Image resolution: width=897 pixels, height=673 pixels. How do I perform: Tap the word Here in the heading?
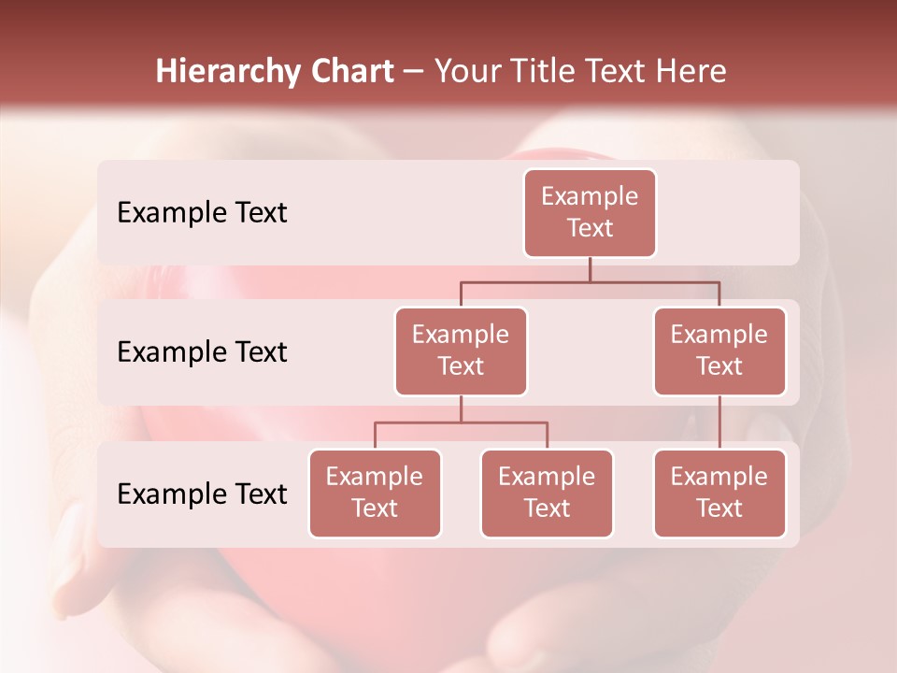691,72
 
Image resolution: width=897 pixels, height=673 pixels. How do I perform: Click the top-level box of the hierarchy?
590,213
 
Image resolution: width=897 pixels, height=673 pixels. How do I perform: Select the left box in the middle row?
461,351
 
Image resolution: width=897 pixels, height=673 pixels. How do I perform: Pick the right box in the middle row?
719,351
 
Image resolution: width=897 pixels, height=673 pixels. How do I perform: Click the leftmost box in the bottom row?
375,494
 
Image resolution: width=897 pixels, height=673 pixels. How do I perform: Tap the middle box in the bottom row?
547,494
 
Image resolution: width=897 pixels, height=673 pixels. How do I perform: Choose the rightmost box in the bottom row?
719,494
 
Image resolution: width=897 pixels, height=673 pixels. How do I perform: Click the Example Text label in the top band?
202,213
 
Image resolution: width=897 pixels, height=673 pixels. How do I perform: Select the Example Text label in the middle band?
202,352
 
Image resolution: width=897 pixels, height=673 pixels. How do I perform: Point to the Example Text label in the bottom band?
202,494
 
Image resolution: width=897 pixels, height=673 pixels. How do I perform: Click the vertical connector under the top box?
590,269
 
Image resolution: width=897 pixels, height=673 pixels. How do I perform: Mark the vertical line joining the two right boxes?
719,422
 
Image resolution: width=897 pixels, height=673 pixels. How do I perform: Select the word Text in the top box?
590,228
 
